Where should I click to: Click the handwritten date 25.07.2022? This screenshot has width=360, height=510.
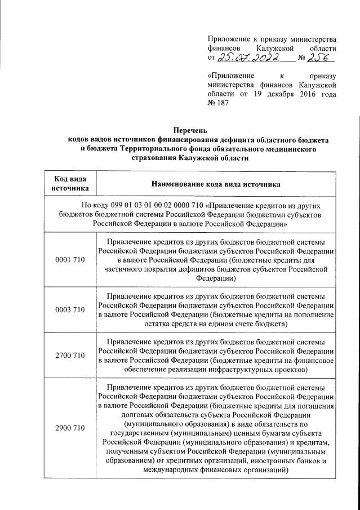(x=247, y=58)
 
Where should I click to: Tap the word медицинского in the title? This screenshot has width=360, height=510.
(x=287, y=149)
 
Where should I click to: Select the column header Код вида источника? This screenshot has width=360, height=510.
(x=70, y=184)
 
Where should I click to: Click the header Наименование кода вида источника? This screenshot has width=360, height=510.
(x=216, y=184)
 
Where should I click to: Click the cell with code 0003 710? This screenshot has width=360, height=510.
(x=70, y=310)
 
